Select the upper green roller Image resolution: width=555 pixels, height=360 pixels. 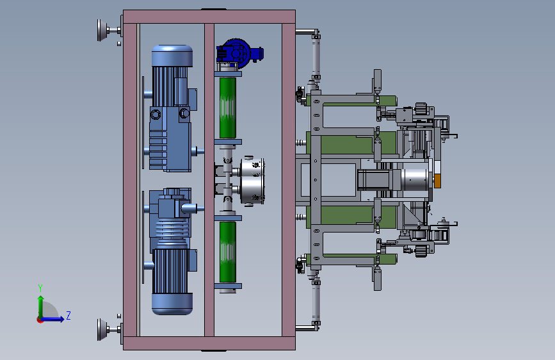click(x=228, y=108)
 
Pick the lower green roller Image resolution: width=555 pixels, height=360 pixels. click(x=228, y=252)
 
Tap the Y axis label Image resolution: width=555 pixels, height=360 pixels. click(x=40, y=288)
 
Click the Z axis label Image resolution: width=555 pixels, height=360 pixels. click(x=68, y=315)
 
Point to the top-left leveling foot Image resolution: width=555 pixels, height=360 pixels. click(x=103, y=30)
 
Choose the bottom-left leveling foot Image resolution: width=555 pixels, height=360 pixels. click(x=103, y=329)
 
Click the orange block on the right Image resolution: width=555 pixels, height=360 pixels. click(x=437, y=181)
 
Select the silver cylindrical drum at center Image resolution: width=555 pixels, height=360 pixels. click(x=252, y=181)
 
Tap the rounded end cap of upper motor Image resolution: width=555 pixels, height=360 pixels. click(x=172, y=56)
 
